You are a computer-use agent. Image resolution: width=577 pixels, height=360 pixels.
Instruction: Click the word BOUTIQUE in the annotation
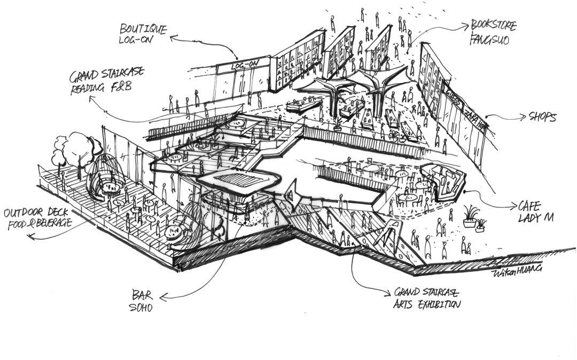click(143, 28)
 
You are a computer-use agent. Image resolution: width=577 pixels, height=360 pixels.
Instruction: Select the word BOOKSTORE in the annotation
click(493, 25)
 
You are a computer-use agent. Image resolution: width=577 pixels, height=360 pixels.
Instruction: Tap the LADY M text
click(535, 218)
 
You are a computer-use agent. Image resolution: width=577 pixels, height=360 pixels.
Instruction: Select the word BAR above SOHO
click(143, 294)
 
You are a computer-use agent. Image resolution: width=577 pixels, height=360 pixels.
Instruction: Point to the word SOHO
click(143, 308)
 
